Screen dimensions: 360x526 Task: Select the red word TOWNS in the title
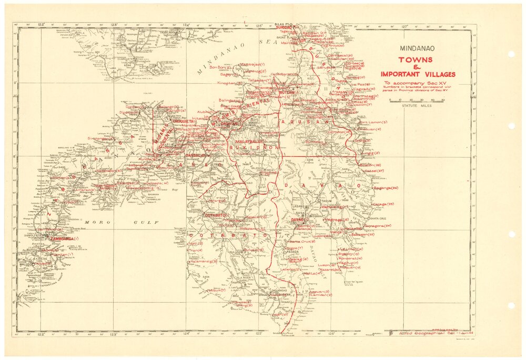click(415, 60)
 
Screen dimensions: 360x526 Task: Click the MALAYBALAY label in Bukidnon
click(249, 143)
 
